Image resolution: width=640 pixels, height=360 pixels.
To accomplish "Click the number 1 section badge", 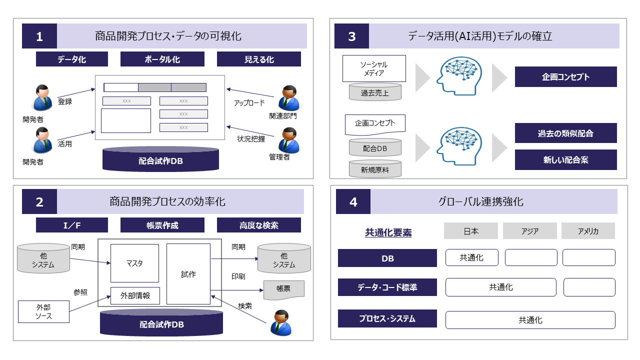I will coord(39,36).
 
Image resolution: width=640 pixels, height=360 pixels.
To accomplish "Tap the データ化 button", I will coord(72,59).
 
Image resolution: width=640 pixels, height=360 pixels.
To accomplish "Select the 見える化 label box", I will coord(259,59).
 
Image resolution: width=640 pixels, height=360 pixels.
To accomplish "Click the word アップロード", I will coord(249,103).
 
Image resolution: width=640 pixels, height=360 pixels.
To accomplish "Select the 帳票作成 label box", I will coord(162,225).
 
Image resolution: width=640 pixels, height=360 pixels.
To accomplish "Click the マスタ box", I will coord(134,263).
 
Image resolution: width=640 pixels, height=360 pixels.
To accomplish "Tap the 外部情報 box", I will coord(134,295).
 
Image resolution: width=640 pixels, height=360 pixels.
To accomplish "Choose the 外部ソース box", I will coord(43,311).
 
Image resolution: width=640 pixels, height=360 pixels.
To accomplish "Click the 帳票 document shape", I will coord(283,290).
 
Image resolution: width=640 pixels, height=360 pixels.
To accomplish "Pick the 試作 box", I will coord(188,274).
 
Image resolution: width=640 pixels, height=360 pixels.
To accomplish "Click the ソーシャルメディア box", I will coord(374,68).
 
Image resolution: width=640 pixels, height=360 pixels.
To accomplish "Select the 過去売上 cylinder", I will coord(374,92).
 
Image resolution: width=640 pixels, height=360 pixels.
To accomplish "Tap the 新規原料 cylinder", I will coord(375,169).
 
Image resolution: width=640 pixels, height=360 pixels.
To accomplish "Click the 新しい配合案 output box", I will coord(565,159).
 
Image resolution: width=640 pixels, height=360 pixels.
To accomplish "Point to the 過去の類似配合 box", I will coord(565,133).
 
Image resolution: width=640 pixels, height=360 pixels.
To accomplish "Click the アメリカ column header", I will coord(588,231).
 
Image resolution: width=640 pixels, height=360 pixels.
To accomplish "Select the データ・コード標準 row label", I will coord(387,287).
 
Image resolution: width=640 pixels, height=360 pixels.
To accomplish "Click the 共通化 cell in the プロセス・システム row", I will coord(530,320).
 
